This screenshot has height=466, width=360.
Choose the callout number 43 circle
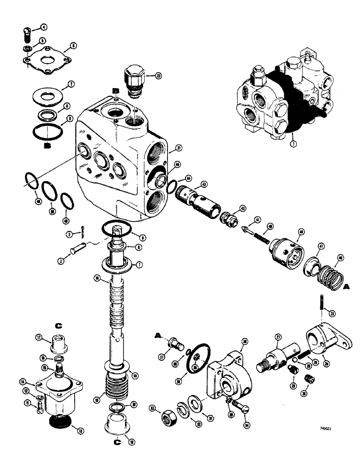point(204,185)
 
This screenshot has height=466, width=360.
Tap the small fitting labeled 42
point(228,218)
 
